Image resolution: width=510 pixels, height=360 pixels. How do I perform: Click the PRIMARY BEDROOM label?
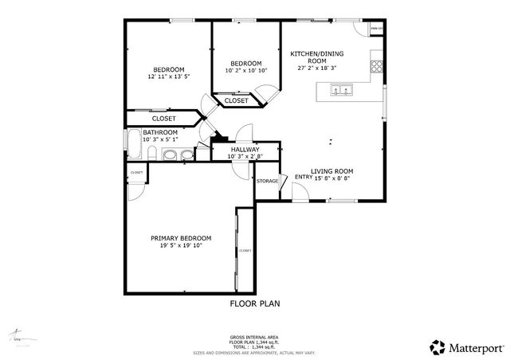click(x=181, y=238)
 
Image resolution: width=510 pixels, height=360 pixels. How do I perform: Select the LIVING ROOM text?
click(x=332, y=171)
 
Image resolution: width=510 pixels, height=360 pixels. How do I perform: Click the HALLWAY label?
click(x=245, y=149)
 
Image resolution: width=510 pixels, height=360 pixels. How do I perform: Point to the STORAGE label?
click(x=268, y=182)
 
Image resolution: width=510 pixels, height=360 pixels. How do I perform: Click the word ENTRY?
click(x=304, y=178)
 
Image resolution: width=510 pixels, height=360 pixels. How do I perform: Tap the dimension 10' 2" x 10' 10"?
click(x=246, y=71)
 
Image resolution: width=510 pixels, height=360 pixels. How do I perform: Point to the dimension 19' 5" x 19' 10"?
click(x=181, y=246)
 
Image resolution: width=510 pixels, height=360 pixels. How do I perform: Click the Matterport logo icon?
click(x=437, y=346)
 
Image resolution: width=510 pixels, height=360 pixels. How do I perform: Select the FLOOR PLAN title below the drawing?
click(x=255, y=303)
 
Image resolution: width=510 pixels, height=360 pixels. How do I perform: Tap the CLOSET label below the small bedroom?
click(x=236, y=101)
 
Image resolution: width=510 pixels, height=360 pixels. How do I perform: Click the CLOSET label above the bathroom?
click(x=163, y=119)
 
